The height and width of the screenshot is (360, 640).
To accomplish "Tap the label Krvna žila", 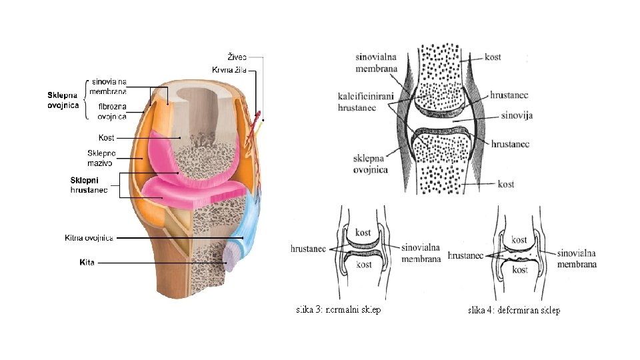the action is tap(229, 70).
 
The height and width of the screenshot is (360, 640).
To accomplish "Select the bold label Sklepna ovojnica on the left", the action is tap(63, 100).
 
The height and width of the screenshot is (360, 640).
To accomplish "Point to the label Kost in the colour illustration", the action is tap(106, 137).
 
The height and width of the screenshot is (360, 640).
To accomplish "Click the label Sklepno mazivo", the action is tap(101, 158).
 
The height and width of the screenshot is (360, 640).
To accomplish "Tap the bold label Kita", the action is tap(87, 263).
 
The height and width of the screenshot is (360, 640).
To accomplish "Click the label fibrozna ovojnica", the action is tap(112, 111).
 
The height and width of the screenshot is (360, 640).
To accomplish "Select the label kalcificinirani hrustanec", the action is tap(365, 101).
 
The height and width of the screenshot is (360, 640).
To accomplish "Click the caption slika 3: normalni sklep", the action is tap(339, 309).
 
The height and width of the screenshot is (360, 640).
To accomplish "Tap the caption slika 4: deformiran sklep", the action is tap(514, 310).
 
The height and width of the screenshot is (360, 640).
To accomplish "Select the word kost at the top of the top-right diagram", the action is tap(493, 57).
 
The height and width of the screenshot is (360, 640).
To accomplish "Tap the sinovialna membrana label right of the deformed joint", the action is tap(577, 259).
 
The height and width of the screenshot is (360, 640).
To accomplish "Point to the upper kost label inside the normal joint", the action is tap(363, 233).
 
